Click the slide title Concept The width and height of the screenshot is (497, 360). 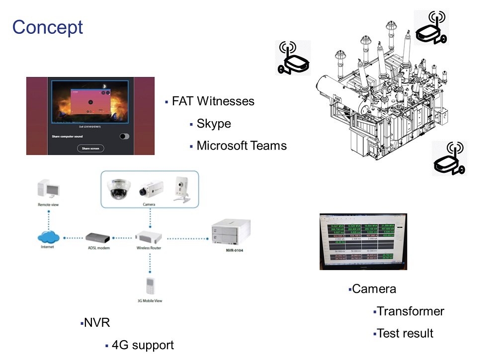(48, 27)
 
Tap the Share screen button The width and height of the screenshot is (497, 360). (90, 148)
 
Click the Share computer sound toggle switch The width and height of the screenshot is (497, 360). (124, 136)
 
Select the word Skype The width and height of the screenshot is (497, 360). (214, 124)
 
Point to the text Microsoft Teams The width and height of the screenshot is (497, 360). (242, 145)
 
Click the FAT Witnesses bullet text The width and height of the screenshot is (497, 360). (213, 101)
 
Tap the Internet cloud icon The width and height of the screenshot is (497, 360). (48, 236)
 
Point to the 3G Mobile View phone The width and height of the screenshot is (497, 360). (150, 287)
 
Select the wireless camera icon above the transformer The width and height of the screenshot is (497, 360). (431, 28)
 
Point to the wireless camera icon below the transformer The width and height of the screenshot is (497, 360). (449, 158)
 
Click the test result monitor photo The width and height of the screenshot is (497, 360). (363, 241)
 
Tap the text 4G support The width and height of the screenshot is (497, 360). (143, 345)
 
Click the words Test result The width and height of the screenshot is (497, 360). (405, 333)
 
